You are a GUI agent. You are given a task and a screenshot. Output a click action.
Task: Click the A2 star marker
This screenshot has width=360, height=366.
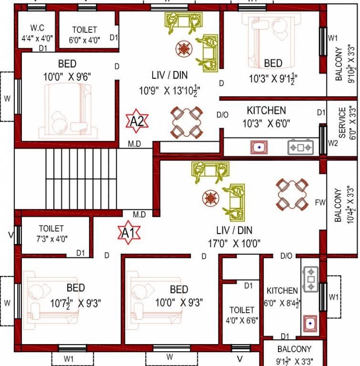pos(137,122)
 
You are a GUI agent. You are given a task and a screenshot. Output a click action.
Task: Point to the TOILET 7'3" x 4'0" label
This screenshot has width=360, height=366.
pos(52,234)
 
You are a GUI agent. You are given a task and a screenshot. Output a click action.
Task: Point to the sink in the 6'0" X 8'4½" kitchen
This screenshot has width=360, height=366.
pos(310,324)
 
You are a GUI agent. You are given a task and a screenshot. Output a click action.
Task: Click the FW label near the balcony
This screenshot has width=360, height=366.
pos(320,203)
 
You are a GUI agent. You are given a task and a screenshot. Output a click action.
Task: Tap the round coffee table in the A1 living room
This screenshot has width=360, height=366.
pos(210,197)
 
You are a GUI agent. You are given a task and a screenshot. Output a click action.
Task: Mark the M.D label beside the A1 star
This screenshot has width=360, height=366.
pos(139,215)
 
